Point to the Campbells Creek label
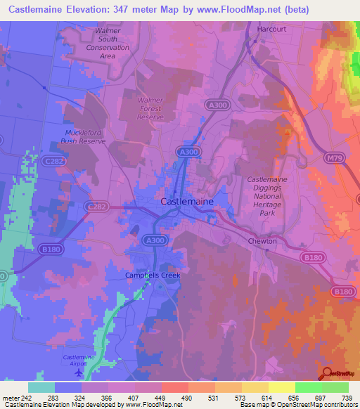(x=153, y=275)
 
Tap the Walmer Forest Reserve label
(x=150, y=109)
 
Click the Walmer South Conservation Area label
(x=108, y=43)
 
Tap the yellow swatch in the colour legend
(x=281, y=387)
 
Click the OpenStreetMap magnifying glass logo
(x=326, y=372)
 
